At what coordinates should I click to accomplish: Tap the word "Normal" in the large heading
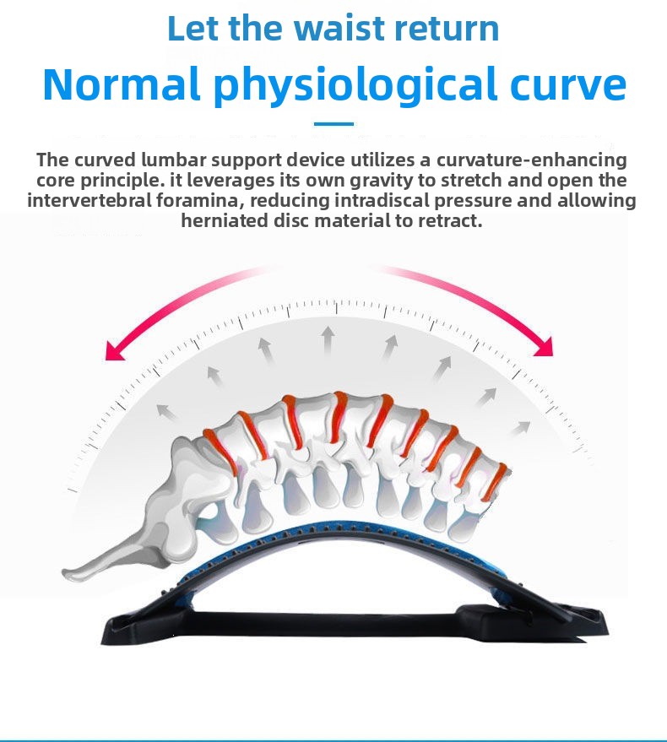coord(121,84)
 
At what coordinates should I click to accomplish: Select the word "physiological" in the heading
coord(355,86)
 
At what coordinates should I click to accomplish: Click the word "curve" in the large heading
coord(568,85)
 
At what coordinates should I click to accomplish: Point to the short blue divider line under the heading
coord(333,124)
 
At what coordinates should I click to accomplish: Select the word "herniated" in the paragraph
coord(225,221)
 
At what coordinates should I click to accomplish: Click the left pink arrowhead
coord(115,351)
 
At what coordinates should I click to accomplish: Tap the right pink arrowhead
coord(544,346)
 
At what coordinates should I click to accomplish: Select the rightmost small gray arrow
coord(520,428)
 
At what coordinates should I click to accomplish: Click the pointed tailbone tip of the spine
coord(65,574)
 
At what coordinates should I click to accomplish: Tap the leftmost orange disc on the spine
coord(221,451)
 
